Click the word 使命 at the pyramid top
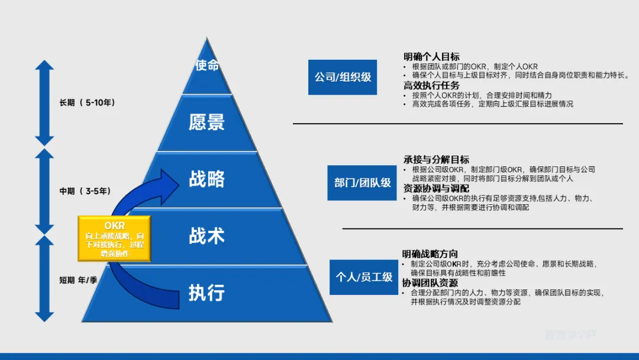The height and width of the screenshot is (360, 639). tap(207, 65)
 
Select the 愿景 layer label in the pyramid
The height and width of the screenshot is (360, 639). tap(206, 122)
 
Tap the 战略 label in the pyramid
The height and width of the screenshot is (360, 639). tap(206, 179)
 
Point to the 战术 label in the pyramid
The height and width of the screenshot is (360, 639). tap(206, 236)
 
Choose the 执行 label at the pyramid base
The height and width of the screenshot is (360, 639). tap(206, 292)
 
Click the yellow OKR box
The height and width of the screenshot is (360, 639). tap(114, 239)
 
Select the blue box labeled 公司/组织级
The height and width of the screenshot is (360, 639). tap(343, 77)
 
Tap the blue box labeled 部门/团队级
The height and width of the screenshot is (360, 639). tap(362, 182)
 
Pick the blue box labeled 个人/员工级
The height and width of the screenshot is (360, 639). tap(364, 277)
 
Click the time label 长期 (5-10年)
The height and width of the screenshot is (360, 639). tap(88, 102)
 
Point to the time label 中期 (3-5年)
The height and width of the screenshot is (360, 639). tap(85, 191)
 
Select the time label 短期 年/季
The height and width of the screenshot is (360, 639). tap(78, 279)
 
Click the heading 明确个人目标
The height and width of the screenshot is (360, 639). tap(431, 57)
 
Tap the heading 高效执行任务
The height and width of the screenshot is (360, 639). tap(431, 85)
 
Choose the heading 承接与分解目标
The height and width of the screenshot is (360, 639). tap(436, 159)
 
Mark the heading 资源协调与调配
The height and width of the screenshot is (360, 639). tap(436, 188)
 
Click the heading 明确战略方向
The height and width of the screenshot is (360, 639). tap(430, 254)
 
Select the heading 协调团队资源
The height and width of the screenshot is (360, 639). tap(430, 282)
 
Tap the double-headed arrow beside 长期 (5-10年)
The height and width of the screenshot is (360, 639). tap(44, 102)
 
